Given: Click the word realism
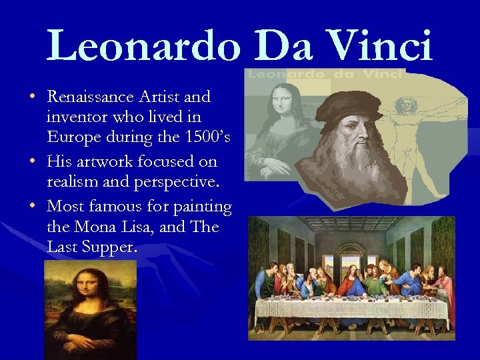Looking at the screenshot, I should pos(73,183).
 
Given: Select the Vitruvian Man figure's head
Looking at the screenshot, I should pos(403,106).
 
